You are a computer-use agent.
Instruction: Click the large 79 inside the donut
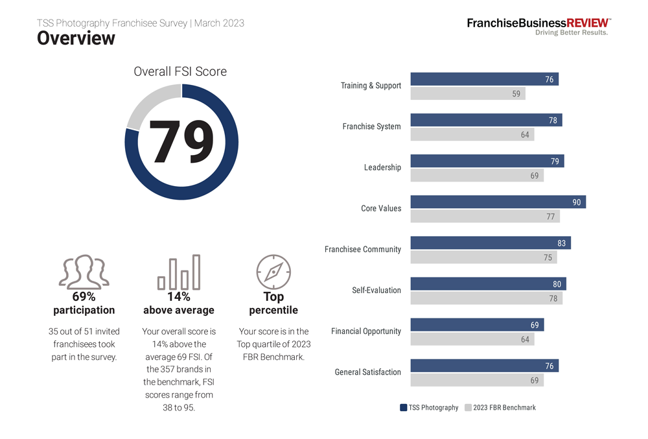click(181, 141)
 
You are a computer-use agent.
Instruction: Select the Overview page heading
click(76, 39)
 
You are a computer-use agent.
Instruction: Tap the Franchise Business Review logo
click(538, 26)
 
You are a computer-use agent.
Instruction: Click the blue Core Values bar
click(498, 202)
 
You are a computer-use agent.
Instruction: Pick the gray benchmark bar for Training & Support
click(467, 94)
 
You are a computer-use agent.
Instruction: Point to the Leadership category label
click(382, 167)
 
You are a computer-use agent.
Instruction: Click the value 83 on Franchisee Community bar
click(561, 243)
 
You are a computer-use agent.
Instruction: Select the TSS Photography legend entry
click(429, 408)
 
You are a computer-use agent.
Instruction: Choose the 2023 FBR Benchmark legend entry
click(500, 408)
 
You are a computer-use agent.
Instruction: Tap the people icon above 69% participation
click(84, 271)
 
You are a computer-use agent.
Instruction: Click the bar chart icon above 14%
click(179, 272)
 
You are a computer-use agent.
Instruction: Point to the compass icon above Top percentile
click(273, 272)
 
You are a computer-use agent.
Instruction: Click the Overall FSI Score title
click(180, 72)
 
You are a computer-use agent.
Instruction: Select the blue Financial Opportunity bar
click(477, 325)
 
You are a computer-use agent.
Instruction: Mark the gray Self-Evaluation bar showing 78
click(486, 298)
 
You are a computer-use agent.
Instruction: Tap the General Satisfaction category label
click(367, 372)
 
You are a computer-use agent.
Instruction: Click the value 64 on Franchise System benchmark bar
click(525, 135)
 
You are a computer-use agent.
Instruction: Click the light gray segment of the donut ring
click(150, 104)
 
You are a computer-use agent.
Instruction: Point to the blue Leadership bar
click(487, 161)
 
